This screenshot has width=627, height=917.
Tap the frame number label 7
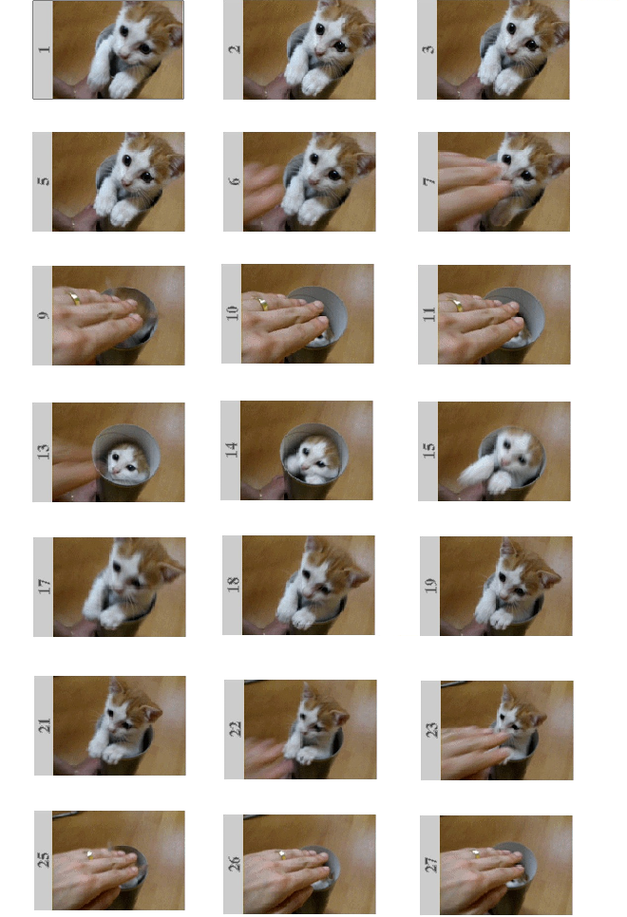click(x=428, y=181)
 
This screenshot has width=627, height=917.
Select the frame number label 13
click(x=43, y=452)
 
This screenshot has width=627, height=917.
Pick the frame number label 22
click(x=235, y=728)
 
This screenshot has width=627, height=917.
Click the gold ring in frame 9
click(x=74, y=298)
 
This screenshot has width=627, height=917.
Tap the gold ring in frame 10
click(x=262, y=304)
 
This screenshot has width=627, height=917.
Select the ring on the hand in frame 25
click(x=88, y=854)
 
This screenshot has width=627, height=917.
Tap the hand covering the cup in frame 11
click(x=475, y=323)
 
